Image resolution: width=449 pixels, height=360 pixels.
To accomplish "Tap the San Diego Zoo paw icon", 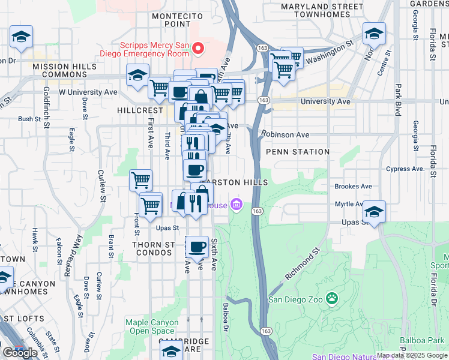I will [331, 298].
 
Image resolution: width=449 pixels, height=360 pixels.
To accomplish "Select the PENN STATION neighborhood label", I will [298, 152].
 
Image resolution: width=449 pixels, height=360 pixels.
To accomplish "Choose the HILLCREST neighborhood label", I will [140, 111].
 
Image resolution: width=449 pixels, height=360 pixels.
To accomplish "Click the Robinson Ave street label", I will [285, 135].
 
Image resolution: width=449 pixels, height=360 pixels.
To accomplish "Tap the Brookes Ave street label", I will [353, 187].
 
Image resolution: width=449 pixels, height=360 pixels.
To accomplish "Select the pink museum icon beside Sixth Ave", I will [237, 206].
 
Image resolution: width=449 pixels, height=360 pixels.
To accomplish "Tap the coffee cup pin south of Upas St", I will [196, 246].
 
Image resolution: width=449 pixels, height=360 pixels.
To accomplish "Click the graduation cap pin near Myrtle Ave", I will [374, 212].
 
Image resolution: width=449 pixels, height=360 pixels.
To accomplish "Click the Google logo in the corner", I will [20, 353].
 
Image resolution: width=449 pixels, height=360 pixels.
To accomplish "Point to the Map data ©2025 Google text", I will [411, 355].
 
